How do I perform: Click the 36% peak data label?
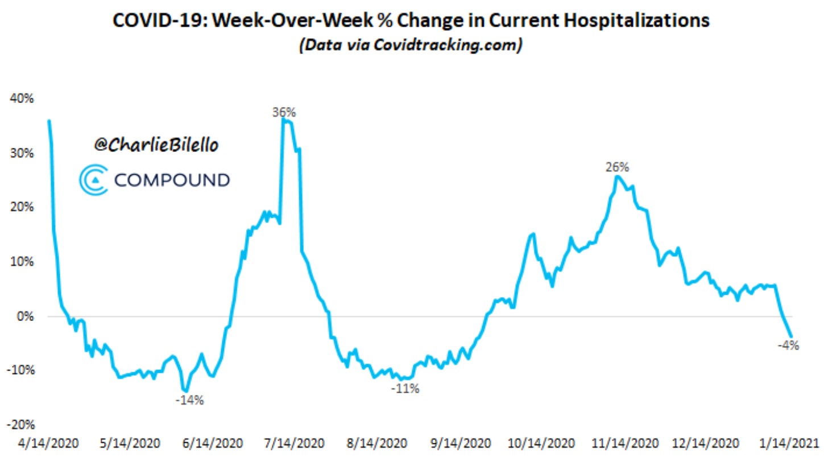click(284, 113)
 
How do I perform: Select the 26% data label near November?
click(617, 167)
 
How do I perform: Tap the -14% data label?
click(189, 400)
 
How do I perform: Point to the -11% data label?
click(405, 389)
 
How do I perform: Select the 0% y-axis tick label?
click(24, 316)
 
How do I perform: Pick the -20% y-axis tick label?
click(21, 425)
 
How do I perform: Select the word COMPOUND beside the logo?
click(172, 180)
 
